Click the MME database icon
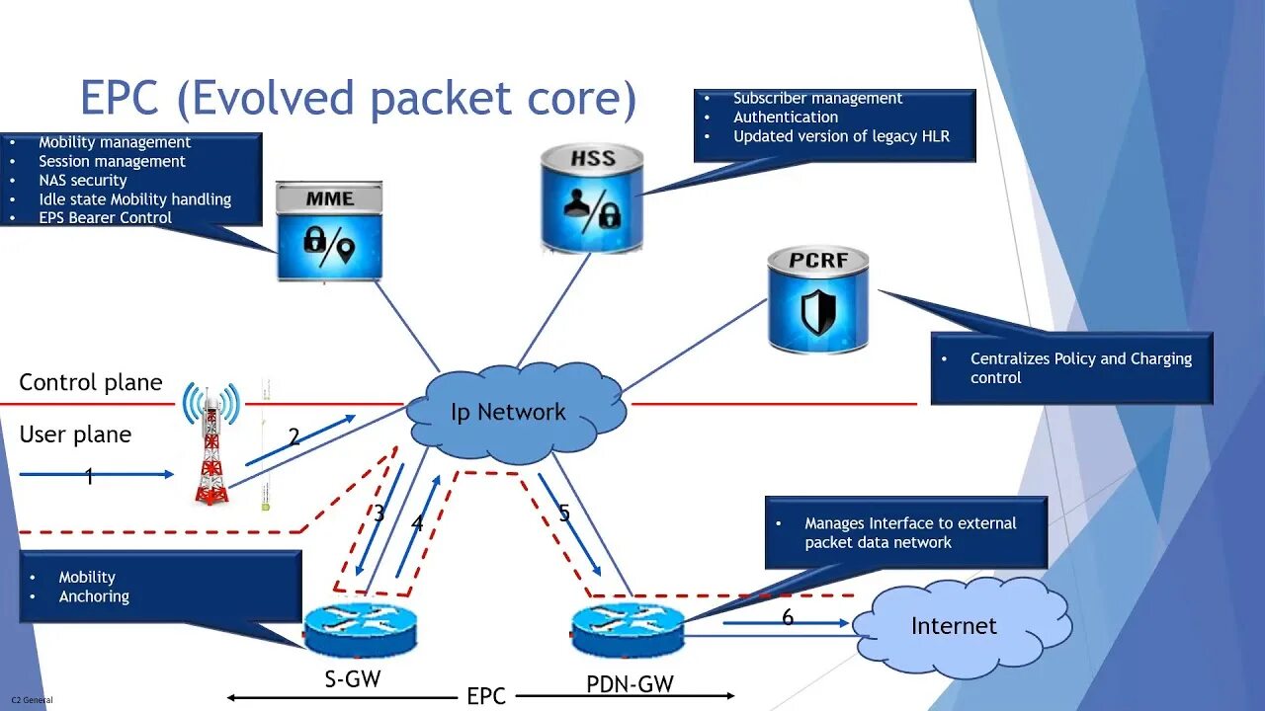coord(329,230)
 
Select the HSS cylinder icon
coord(592,197)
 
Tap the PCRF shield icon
coord(817,300)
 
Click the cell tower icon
coord(211,443)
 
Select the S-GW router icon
coord(361,629)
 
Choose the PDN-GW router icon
coord(628,629)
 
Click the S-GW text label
coord(353,678)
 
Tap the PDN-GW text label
coord(630,682)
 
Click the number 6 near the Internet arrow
coord(788,618)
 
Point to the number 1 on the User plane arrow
coord(89,477)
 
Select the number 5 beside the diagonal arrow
coord(564,513)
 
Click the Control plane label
coord(91,383)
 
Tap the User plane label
coord(75,434)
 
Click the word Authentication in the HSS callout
coord(786,118)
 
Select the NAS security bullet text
coord(83,181)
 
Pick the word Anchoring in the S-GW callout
coord(94,596)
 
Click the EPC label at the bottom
coord(486,696)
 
